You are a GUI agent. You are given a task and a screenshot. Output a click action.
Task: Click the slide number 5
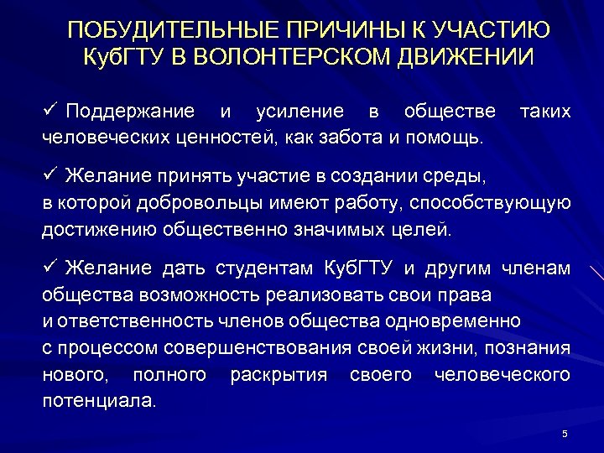pyautogui.click(x=565, y=434)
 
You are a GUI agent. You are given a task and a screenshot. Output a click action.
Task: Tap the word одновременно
pyautogui.click(x=466, y=321)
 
